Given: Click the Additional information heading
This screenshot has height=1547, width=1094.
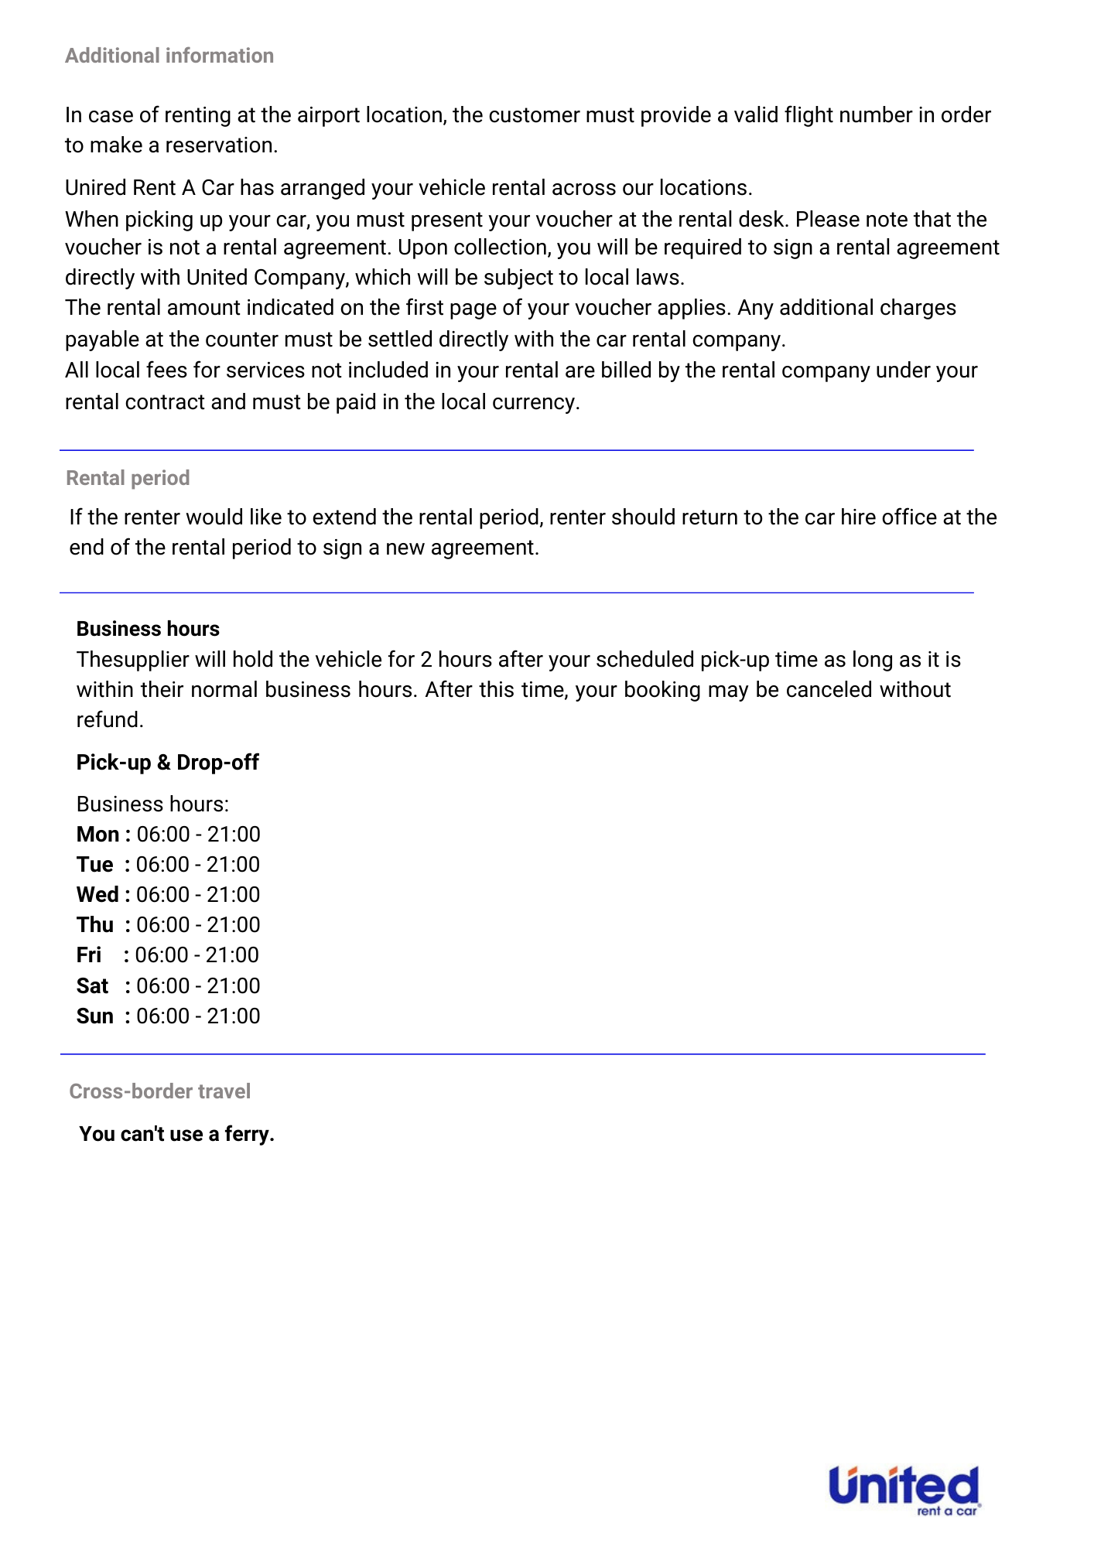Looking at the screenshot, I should (x=169, y=56).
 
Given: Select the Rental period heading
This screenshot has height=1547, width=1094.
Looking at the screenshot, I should (x=128, y=478).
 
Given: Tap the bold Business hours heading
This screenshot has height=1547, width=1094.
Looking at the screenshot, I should (x=148, y=629).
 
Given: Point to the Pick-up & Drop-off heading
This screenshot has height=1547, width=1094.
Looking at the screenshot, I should (x=167, y=763).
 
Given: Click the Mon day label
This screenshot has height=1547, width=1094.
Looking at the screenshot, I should (x=97, y=835).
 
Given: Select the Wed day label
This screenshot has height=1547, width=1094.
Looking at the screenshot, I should (x=97, y=895).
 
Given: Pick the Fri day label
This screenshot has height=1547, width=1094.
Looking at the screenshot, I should (x=89, y=955).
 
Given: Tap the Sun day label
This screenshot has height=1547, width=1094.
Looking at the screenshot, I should (x=94, y=1016).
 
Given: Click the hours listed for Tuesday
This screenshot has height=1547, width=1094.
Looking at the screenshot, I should (x=198, y=865).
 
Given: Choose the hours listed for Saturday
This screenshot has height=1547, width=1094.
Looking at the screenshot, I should (x=198, y=986).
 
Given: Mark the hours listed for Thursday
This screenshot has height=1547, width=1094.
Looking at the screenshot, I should (x=198, y=925).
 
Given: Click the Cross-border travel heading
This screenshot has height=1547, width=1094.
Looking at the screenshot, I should (x=159, y=1091).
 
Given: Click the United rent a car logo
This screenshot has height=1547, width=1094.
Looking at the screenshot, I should (x=904, y=1490).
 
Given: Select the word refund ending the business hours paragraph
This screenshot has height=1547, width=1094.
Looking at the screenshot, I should (x=109, y=720).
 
